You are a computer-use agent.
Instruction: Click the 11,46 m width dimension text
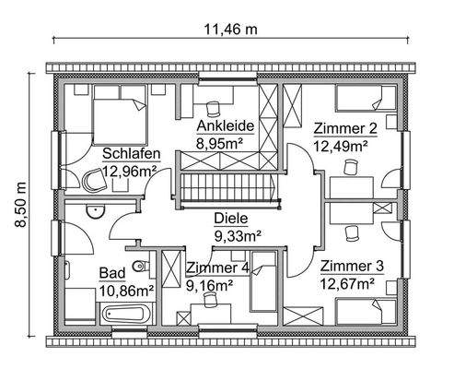tap(230, 29)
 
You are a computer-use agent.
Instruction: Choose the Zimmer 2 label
tap(343, 128)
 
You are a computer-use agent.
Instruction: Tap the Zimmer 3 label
tap(351, 266)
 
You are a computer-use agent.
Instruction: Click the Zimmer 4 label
tap(216, 268)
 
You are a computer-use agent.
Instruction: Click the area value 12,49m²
tap(341, 145)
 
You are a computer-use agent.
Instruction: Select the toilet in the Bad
tap(139, 268)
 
